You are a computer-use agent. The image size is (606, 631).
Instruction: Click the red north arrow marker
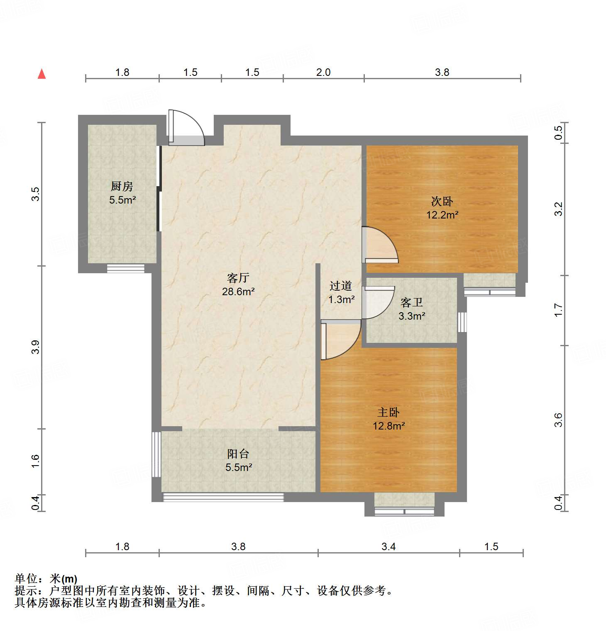42,74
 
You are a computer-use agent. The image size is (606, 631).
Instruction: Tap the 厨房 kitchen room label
122,186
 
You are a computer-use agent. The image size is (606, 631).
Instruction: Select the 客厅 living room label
238,278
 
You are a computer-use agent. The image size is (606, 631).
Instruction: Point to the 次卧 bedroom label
442,201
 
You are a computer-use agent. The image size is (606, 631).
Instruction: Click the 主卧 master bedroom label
389,412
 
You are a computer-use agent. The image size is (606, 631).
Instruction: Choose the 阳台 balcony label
238,454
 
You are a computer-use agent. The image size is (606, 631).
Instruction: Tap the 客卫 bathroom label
412,302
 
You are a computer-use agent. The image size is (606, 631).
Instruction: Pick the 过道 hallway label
341,286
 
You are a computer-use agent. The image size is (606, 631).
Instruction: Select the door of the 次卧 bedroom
380,245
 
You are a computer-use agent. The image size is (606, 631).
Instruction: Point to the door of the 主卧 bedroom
340,340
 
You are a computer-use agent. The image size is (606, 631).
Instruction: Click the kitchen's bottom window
126,268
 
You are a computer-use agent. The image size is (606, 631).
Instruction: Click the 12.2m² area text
442,215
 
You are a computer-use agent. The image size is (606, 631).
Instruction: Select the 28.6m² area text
238,291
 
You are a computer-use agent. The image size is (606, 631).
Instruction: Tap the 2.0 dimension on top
323,72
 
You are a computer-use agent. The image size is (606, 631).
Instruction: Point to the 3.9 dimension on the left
36,347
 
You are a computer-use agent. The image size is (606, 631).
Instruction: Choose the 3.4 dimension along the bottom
389,546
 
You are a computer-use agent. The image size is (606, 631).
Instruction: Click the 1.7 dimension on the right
558,310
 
